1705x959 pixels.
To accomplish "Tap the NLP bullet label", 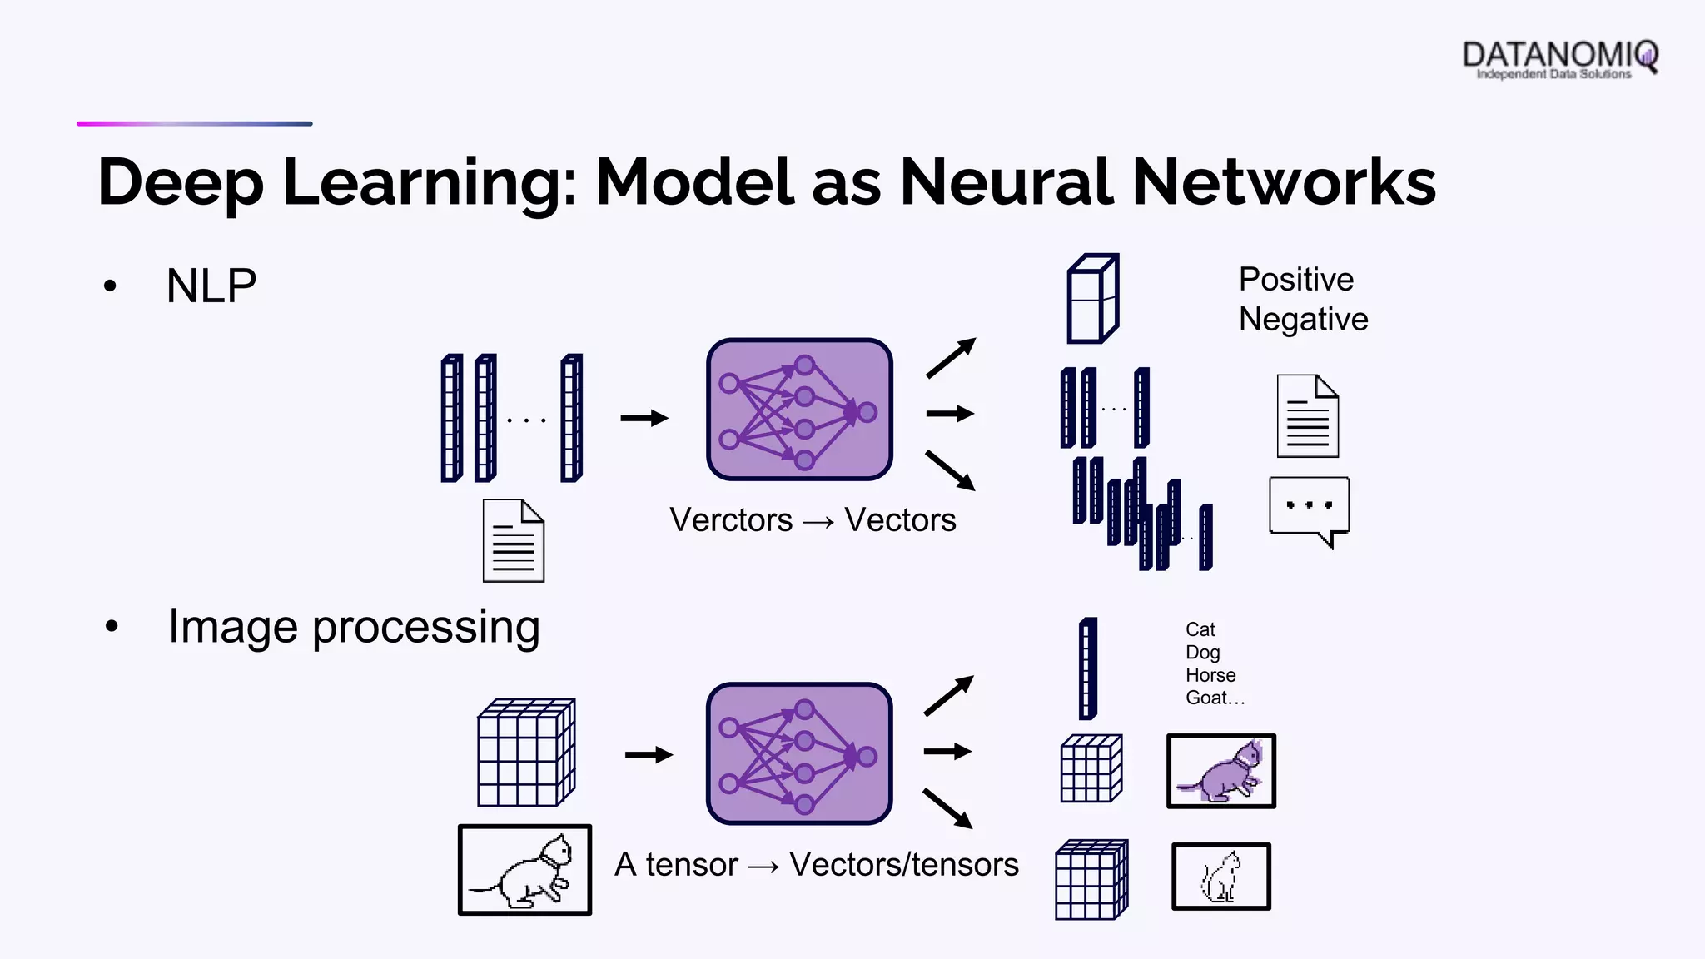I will [211, 286].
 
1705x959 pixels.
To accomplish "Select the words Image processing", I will [354, 627].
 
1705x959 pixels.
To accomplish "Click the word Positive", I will [1295, 280].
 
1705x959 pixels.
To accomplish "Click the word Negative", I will [1303, 320].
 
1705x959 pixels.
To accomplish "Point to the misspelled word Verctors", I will [731, 520].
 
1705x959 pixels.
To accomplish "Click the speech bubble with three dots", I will [1309, 509].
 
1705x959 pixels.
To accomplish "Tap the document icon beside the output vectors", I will [1308, 416].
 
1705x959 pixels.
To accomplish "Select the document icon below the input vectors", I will [514, 541].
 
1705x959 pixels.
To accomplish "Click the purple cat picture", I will [1221, 772].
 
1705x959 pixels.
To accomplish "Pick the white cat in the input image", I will [525, 871].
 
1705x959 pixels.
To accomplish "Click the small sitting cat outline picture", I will [1221, 877].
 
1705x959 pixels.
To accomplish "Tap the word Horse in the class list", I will [1210, 675].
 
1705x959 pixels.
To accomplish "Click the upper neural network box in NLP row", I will [799, 410].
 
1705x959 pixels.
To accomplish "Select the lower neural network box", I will [799, 754].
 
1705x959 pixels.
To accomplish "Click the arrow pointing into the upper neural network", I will [644, 418].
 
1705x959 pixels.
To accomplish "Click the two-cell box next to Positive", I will [1093, 299].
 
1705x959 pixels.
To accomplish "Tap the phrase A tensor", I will [676, 865].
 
